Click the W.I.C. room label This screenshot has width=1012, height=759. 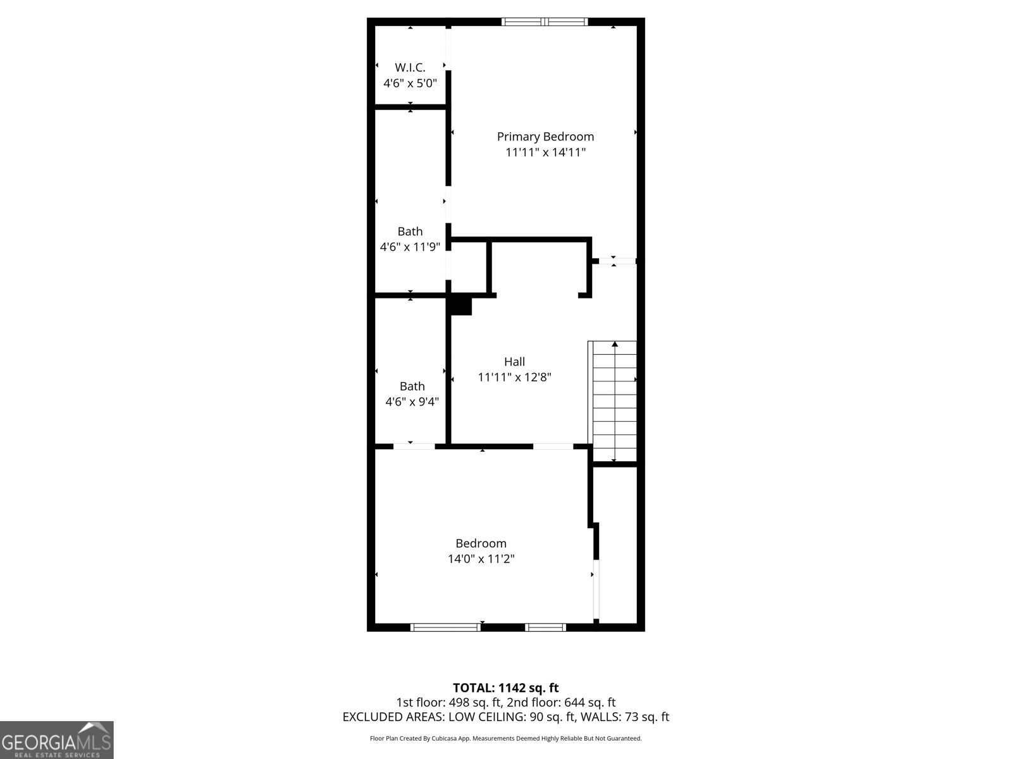point(410,67)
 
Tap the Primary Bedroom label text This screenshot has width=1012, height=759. point(545,137)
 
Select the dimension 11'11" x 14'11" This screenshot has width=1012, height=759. point(545,152)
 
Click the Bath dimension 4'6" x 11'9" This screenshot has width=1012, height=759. point(410,247)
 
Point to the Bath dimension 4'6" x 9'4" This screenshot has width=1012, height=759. point(412,402)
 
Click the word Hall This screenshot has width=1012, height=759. point(514,362)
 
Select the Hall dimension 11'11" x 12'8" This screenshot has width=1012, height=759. point(514,378)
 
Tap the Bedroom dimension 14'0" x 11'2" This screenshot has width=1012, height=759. point(481,559)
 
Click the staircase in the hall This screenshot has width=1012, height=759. point(614,405)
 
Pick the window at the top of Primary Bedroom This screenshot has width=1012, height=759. point(545,22)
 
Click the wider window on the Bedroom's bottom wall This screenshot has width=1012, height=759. point(445,627)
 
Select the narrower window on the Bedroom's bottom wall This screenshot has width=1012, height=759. point(545,627)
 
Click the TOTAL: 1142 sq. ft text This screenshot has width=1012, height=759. point(505,688)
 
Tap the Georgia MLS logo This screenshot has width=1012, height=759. point(56,739)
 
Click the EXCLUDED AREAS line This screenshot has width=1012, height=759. point(505,717)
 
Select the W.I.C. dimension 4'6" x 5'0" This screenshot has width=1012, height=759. point(410,83)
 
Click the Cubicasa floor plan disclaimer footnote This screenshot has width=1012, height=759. point(505,738)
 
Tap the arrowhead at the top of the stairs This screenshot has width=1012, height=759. point(614,344)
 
